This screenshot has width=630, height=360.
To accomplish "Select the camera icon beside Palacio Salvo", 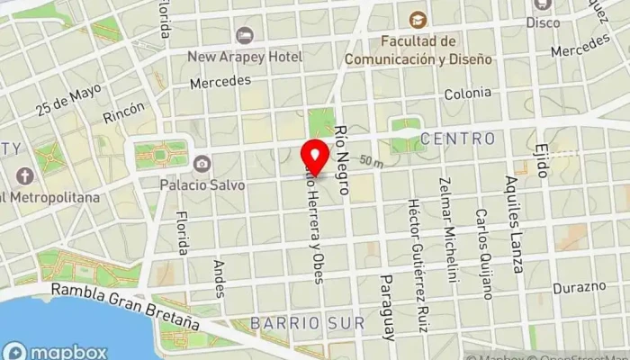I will (x=202, y=164).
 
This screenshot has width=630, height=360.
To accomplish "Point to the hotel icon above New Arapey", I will (x=244, y=35).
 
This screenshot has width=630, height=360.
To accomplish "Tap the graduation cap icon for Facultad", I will (x=417, y=19).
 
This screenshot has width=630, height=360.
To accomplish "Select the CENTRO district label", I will (x=457, y=139).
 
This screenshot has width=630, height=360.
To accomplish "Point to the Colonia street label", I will (x=467, y=93).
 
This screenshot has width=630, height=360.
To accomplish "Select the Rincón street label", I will (x=123, y=113).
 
